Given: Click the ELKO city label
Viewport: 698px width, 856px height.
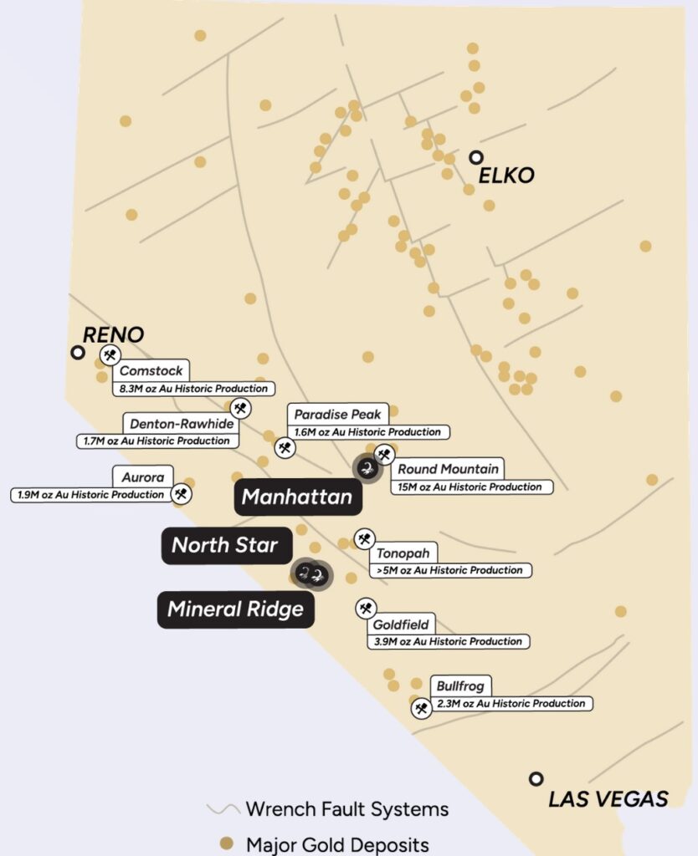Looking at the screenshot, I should [x=506, y=176].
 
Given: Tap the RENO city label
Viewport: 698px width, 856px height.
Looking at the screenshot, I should [x=113, y=334].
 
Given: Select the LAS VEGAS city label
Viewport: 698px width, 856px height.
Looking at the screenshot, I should [x=608, y=798].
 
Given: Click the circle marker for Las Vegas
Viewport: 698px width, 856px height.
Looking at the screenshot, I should [x=536, y=778].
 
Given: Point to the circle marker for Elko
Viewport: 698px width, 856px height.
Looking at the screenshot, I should [x=476, y=156].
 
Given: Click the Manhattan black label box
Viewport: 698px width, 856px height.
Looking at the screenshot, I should [x=297, y=497].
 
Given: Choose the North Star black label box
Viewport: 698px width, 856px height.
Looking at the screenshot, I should [x=226, y=545].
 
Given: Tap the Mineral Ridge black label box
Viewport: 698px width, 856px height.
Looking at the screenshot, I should [x=235, y=609].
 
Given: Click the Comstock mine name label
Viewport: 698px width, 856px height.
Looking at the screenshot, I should [x=151, y=370].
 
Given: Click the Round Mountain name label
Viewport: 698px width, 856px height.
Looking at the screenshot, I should [x=448, y=469].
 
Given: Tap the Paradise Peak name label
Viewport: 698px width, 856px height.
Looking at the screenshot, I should [x=337, y=414].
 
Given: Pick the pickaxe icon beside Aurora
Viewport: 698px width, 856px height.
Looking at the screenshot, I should [x=182, y=494].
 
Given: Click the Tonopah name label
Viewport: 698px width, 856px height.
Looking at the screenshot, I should [x=403, y=553].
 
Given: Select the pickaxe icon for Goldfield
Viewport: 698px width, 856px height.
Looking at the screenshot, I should [x=365, y=608].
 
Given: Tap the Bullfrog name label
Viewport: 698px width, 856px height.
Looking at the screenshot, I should [x=459, y=685].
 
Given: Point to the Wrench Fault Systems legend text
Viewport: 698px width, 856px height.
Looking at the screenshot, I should [x=346, y=809].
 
